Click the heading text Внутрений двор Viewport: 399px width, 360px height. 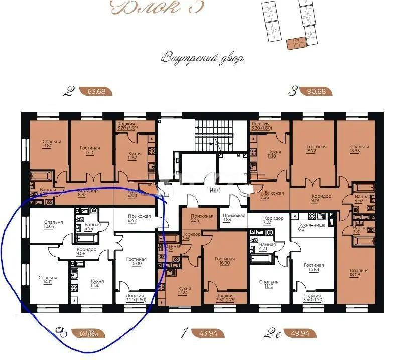(x=202, y=58)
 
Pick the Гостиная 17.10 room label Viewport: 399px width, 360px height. (x=90, y=151)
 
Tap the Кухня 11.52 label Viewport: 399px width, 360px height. (x=134, y=157)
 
